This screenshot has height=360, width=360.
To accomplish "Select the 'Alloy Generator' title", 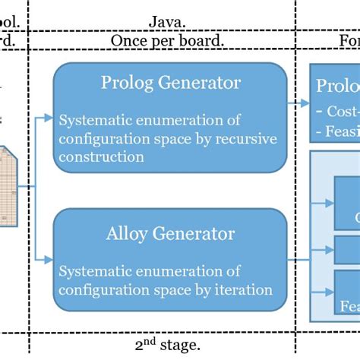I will (x=171, y=232).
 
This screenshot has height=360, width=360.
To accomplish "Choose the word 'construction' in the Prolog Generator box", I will (x=101, y=156).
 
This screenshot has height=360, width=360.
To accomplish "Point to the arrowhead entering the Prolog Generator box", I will (x=49, y=118).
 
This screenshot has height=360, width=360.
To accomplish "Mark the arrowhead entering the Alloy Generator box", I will (x=49, y=260).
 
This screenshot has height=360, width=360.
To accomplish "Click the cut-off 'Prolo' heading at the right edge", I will (x=338, y=84).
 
